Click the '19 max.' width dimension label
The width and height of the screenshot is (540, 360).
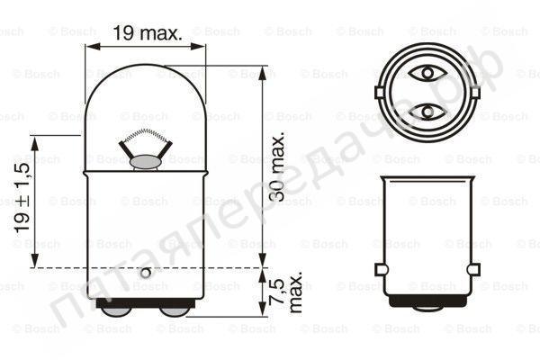[147, 34]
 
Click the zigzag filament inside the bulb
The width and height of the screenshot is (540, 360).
[145, 141]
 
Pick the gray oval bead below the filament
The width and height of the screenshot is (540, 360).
[145, 162]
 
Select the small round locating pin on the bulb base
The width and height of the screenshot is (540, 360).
[145, 271]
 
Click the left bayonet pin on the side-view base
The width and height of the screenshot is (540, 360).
[382, 270]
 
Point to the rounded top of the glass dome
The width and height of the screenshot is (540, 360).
[145, 68]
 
